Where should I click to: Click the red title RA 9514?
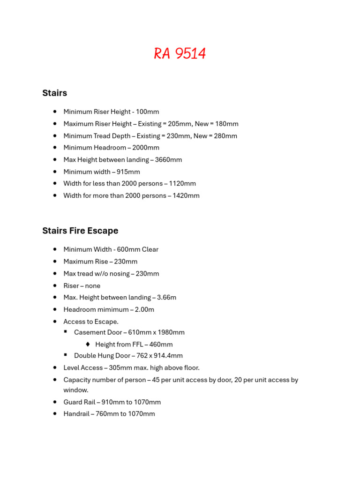coord(180,54)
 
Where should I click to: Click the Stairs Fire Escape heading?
coord(80,231)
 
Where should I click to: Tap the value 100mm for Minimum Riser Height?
coord(148,112)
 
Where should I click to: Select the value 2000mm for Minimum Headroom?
coord(146,148)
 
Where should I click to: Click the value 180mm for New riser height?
coord(227,124)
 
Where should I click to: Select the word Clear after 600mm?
coord(150,249)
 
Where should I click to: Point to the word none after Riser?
coord(92,285)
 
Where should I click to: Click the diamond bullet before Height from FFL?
coord(88,344)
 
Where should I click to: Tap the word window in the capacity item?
coord(75,390)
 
